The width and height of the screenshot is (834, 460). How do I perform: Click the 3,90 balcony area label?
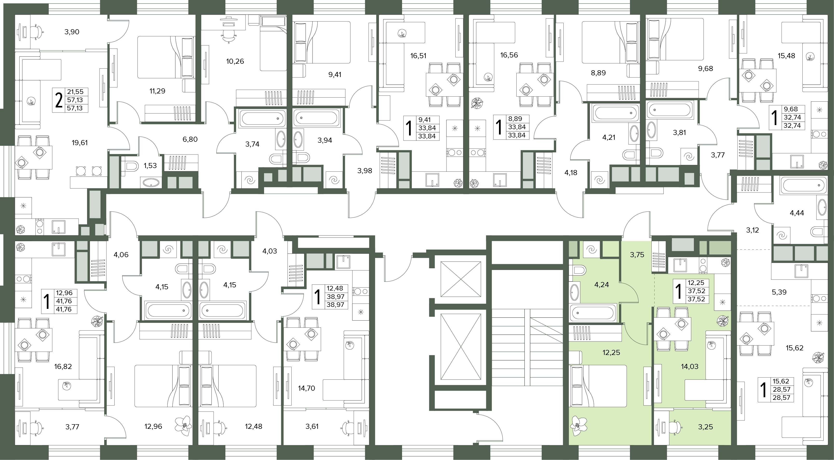point(72,32)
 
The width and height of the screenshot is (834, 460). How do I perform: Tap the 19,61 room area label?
point(80,143)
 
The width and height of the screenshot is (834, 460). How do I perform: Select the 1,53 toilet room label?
point(150,166)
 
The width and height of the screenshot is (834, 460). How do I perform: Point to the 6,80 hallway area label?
point(190,139)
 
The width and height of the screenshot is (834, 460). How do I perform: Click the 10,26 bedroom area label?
point(235,61)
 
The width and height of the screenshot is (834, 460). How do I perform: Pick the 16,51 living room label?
point(418,56)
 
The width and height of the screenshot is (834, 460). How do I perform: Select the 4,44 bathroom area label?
point(797,213)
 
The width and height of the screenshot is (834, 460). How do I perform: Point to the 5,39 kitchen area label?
point(779,292)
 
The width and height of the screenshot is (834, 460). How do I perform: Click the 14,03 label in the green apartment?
point(690,367)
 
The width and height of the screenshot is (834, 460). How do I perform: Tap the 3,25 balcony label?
point(705,427)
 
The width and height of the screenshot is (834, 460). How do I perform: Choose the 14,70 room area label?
point(306,388)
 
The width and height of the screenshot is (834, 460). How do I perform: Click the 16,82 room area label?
point(63,367)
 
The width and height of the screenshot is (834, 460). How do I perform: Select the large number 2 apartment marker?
point(59,100)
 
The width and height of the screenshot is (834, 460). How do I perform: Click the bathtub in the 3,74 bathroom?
point(262,118)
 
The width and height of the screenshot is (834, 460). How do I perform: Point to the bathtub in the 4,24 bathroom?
point(593,313)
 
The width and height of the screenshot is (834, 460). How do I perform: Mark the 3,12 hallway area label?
point(752,230)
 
